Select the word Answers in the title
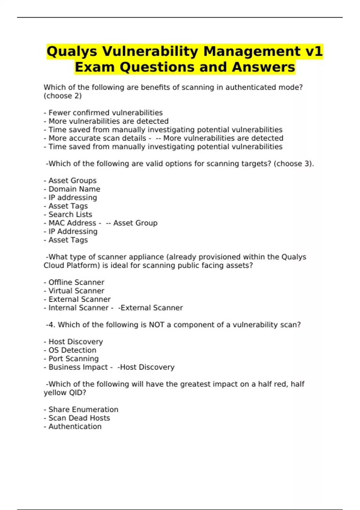[x=263, y=67]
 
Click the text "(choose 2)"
[x=63, y=96]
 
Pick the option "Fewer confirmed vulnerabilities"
[x=106, y=113]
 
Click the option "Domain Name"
[x=74, y=189]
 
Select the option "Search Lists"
[x=70, y=214]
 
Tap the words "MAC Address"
[x=72, y=223]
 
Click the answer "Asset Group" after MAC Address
[x=135, y=223]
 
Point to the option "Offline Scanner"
[x=76, y=282]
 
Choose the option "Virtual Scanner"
[x=76, y=291]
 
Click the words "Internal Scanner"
[x=79, y=308]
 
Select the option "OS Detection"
[x=72, y=350]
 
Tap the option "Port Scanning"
[x=73, y=358]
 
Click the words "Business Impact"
[x=78, y=367]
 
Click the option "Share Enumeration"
[x=83, y=409]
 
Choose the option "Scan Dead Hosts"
[x=79, y=418]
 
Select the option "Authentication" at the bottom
[x=75, y=427]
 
